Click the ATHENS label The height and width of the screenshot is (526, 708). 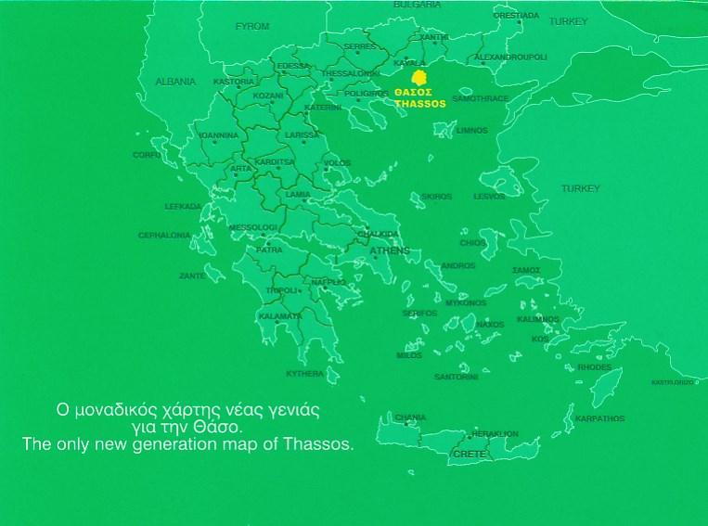pyautogui.click(x=389, y=251)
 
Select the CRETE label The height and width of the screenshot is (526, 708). pyautogui.click(x=469, y=455)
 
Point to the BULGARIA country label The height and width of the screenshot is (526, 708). pyautogui.click(x=417, y=5)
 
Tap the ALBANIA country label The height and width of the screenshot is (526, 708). pyautogui.click(x=175, y=82)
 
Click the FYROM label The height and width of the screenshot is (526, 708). pyautogui.click(x=252, y=26)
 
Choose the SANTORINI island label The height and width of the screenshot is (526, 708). pyautogui.click(x=456, y=377)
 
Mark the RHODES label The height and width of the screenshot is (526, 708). pyautogui.click(x=594, y=367)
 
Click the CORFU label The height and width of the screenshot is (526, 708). pyautogui.click(x=147, y=155)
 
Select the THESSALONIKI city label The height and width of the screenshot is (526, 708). pyautogui.click(x=350, y=73)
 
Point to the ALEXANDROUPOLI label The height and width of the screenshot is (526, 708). pyautogui.click(x=510, y=58)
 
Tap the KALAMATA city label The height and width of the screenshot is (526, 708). pyautogui.click(x=280, y=316)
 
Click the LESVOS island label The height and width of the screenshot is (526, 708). pyautogui.click(x=489, y=197)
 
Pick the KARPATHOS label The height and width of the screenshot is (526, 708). pyautogui.click(x=599, y=418)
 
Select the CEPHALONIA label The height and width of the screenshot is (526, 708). pyautogui.click(x=164, y=236)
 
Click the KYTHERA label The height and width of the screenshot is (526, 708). pyautogui.click(x=304, y=374)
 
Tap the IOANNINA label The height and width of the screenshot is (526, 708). pyautogui.click(x=219, y=135)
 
